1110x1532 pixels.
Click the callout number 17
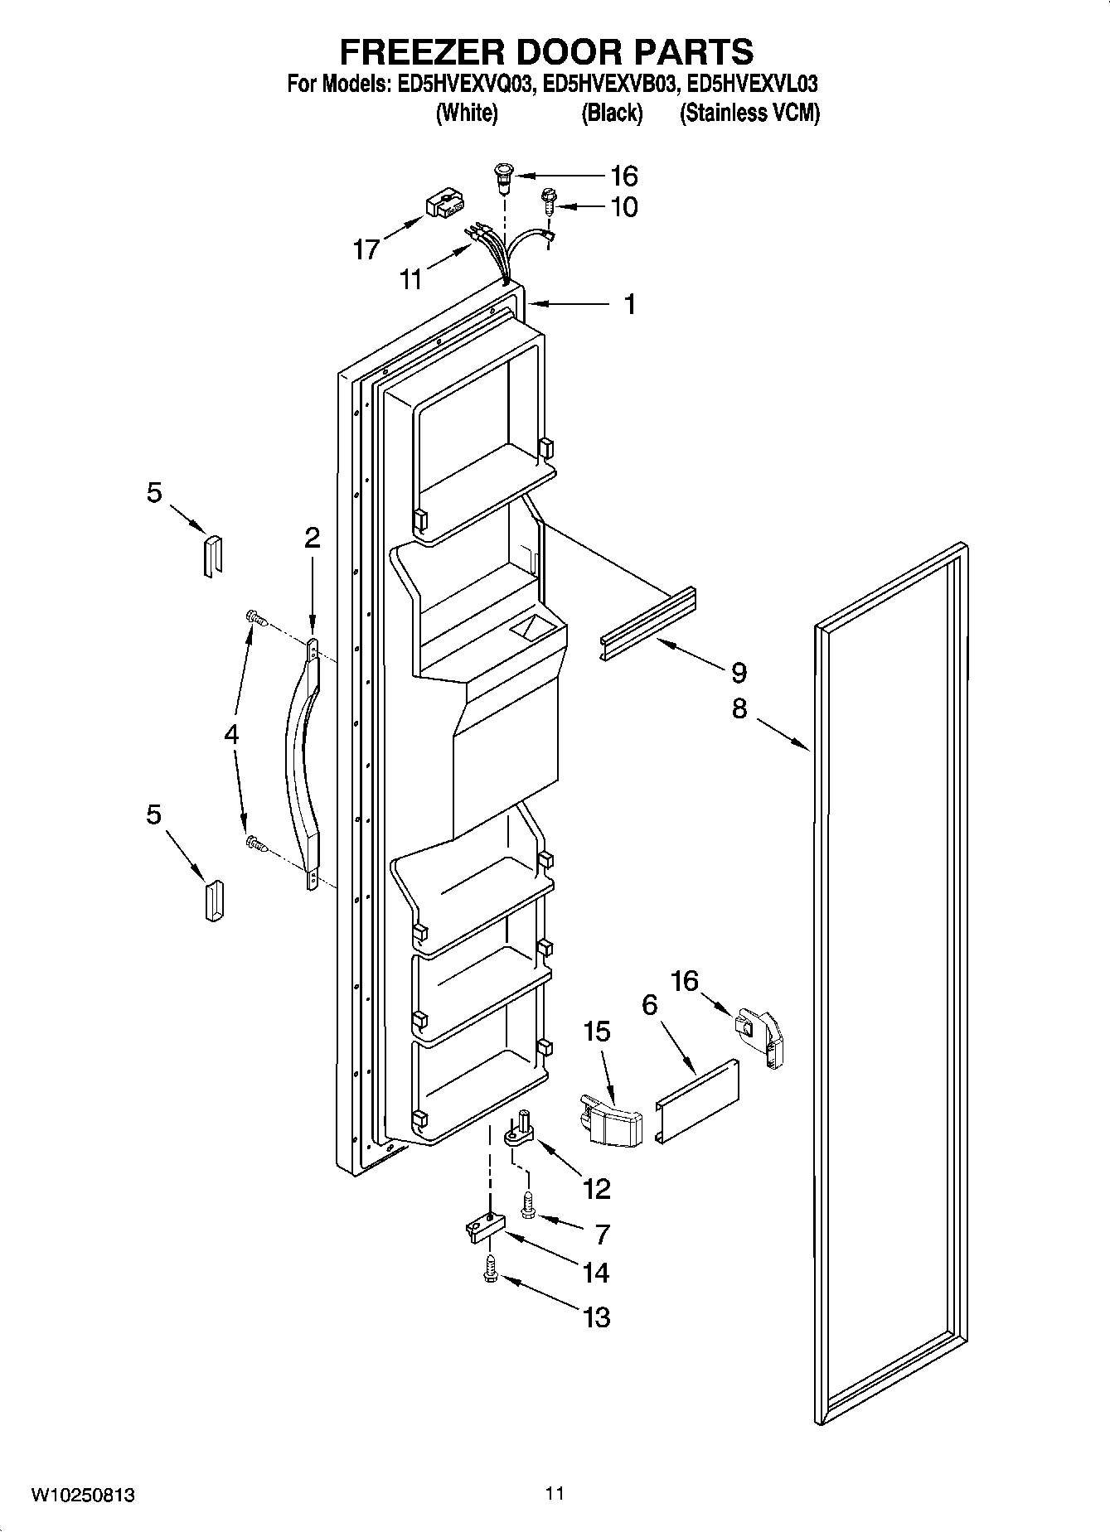click(366, 249)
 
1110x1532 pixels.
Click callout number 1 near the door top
click(630, 304)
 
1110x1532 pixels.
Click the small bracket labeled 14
click(480, 1230)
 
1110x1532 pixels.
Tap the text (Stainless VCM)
click(749, 114)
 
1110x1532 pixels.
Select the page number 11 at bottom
click(555, 1493)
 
